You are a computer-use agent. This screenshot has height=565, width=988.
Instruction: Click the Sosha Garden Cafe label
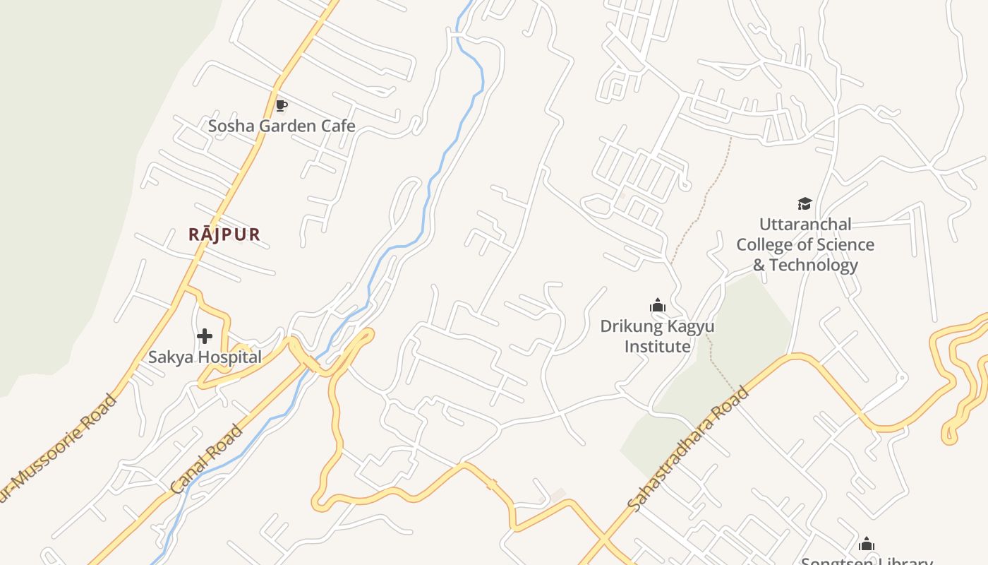click(x=281, y=126)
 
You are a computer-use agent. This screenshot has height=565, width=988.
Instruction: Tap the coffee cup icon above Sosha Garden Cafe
click(x=281, y=106)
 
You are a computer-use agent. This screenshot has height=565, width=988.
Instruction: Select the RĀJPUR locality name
click(x=224, y=234)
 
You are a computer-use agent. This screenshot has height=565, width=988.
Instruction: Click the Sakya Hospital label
click(x=205, y=357)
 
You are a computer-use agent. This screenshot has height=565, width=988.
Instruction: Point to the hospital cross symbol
click(x=205, y=336)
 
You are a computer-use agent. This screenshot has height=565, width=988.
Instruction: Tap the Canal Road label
click(x=207, y=459)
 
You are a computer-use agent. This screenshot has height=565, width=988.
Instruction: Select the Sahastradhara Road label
click(x=688, y=448)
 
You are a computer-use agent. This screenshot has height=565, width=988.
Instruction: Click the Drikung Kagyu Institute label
click(x=657, y=336)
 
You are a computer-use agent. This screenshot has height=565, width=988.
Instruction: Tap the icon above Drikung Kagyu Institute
click(x=658, y=306)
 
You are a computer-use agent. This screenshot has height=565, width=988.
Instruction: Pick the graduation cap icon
click(x=805, y=204)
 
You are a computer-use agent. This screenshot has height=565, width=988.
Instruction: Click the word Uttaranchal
click(x=805, y=225)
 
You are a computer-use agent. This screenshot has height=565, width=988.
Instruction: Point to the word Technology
click(x=813, y=266)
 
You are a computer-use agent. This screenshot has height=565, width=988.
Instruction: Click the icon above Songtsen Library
click(x=867, y=544)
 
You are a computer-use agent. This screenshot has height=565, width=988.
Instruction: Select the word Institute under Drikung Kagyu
click(x=657, y=347)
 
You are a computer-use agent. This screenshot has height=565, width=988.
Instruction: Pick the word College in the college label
click(x=764, y=245)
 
